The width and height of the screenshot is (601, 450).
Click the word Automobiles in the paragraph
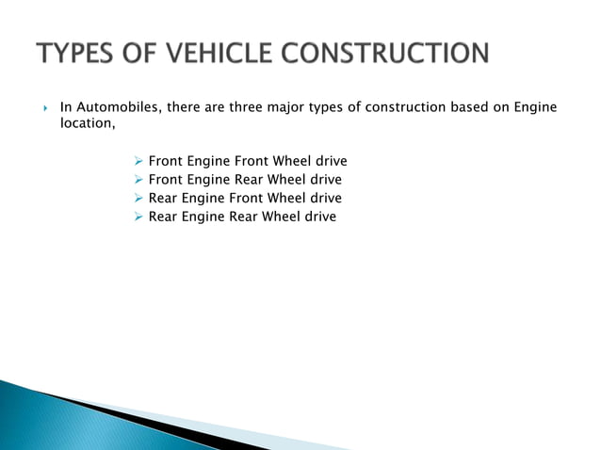click(x=118, y=107)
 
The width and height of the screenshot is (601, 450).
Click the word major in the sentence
click(x=302, y=107)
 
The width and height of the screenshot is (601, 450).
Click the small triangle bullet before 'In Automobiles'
click(x=45, y=108)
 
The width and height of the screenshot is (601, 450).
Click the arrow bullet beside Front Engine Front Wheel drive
click(x=138, y=161)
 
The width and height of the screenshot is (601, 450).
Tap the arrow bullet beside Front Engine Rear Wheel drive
click(x=138, y=179)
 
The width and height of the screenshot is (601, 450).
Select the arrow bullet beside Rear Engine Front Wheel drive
click(x=138, y=198)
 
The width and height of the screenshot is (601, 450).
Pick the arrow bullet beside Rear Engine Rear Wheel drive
click(x=138, y=217)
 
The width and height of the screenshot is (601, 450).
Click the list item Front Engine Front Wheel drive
click(x=248, y=161)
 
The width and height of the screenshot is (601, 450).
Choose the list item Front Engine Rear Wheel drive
click(x=245, y=179)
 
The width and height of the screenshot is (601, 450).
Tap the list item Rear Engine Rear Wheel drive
click(x=242, y=217)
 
